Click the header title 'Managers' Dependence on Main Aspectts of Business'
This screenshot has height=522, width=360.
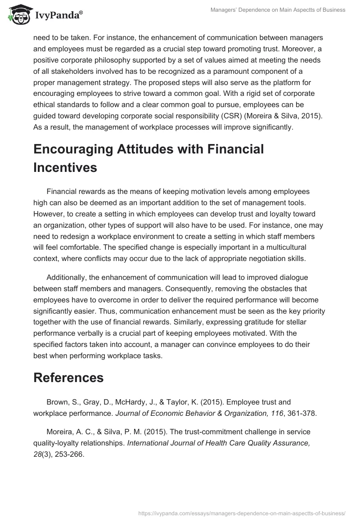(278, 10)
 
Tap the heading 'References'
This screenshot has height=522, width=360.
(68, 378)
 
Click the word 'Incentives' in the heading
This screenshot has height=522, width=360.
(65, 167)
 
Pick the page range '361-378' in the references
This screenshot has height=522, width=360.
(302, 413)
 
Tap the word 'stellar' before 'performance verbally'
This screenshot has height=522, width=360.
(298, 322)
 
